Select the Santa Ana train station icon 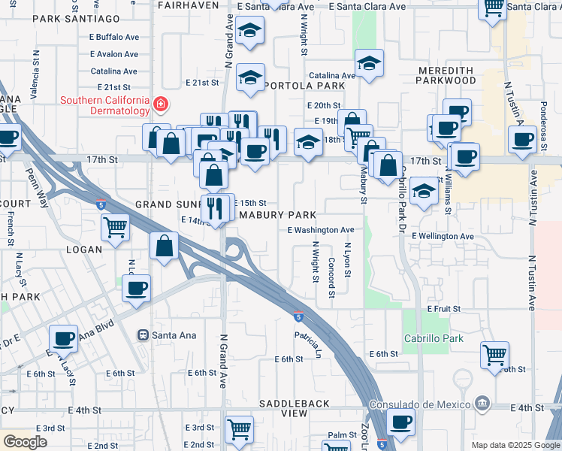[x=142, y=334]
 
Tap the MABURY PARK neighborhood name [x=277, y=215]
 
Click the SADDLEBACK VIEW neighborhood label [x=285, y=408]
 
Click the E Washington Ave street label [x=320, y=230]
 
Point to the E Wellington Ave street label [x=443, y=236]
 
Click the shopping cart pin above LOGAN [x=115, y=225]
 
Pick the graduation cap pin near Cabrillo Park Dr [x=425, y=191]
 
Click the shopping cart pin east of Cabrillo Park [x=494, y=354]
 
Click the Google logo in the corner [x=25, y=442]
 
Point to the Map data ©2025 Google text [x=515, y=445]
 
